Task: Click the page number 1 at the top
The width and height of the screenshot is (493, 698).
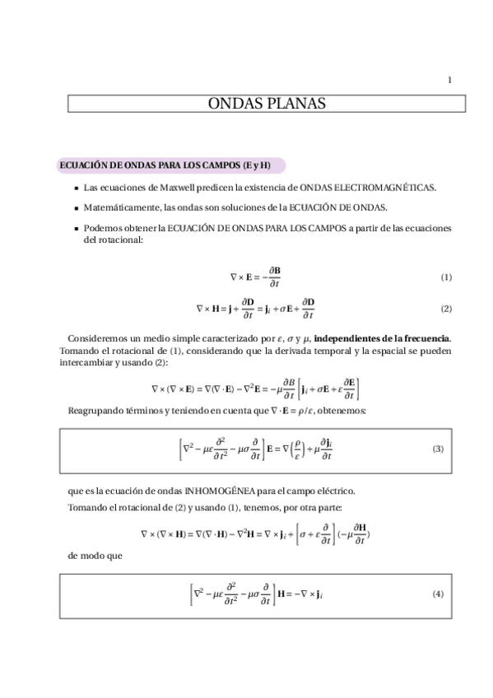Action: pyautogui.click(x=449, y=80)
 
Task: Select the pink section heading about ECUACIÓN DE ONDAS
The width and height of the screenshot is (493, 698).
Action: pyautogui.click(x=165, y=165)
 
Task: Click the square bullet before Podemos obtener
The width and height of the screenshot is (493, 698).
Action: pyautogui.click(x=77, y=228)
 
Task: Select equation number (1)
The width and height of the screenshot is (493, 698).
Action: pyautogui.click(x=446, y=277)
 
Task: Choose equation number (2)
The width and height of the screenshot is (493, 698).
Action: pyautogui.click(x=446, y=309)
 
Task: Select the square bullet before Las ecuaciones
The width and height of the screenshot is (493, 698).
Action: pyautogui.click(x=77, y=188)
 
